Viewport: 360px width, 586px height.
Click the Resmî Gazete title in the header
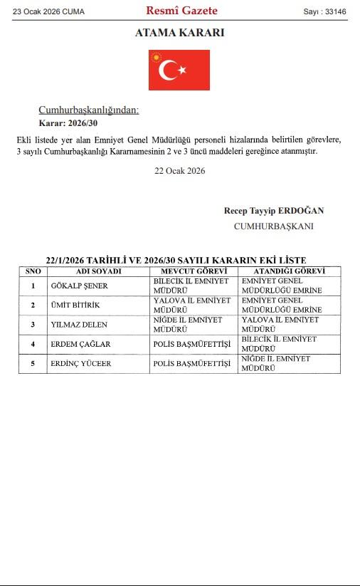(181, 11)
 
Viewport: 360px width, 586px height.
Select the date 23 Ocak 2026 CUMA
(48, 11)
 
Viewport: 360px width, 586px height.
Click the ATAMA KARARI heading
(179, 33)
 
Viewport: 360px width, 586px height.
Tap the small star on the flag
(182, 70)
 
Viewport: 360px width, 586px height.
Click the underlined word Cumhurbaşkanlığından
(88, 110)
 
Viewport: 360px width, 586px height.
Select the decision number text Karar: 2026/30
(68, 123)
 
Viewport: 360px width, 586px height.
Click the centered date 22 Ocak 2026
(179, 171)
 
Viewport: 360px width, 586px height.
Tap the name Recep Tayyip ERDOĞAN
(274, 211)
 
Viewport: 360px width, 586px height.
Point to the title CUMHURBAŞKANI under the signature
(273, 226)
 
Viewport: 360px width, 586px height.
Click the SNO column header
(33, 271)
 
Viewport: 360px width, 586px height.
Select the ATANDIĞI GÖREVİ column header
(289, 271)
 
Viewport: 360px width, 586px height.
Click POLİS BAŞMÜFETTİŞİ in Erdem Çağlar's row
(192, 345)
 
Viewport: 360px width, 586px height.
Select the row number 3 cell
(33, 325)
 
